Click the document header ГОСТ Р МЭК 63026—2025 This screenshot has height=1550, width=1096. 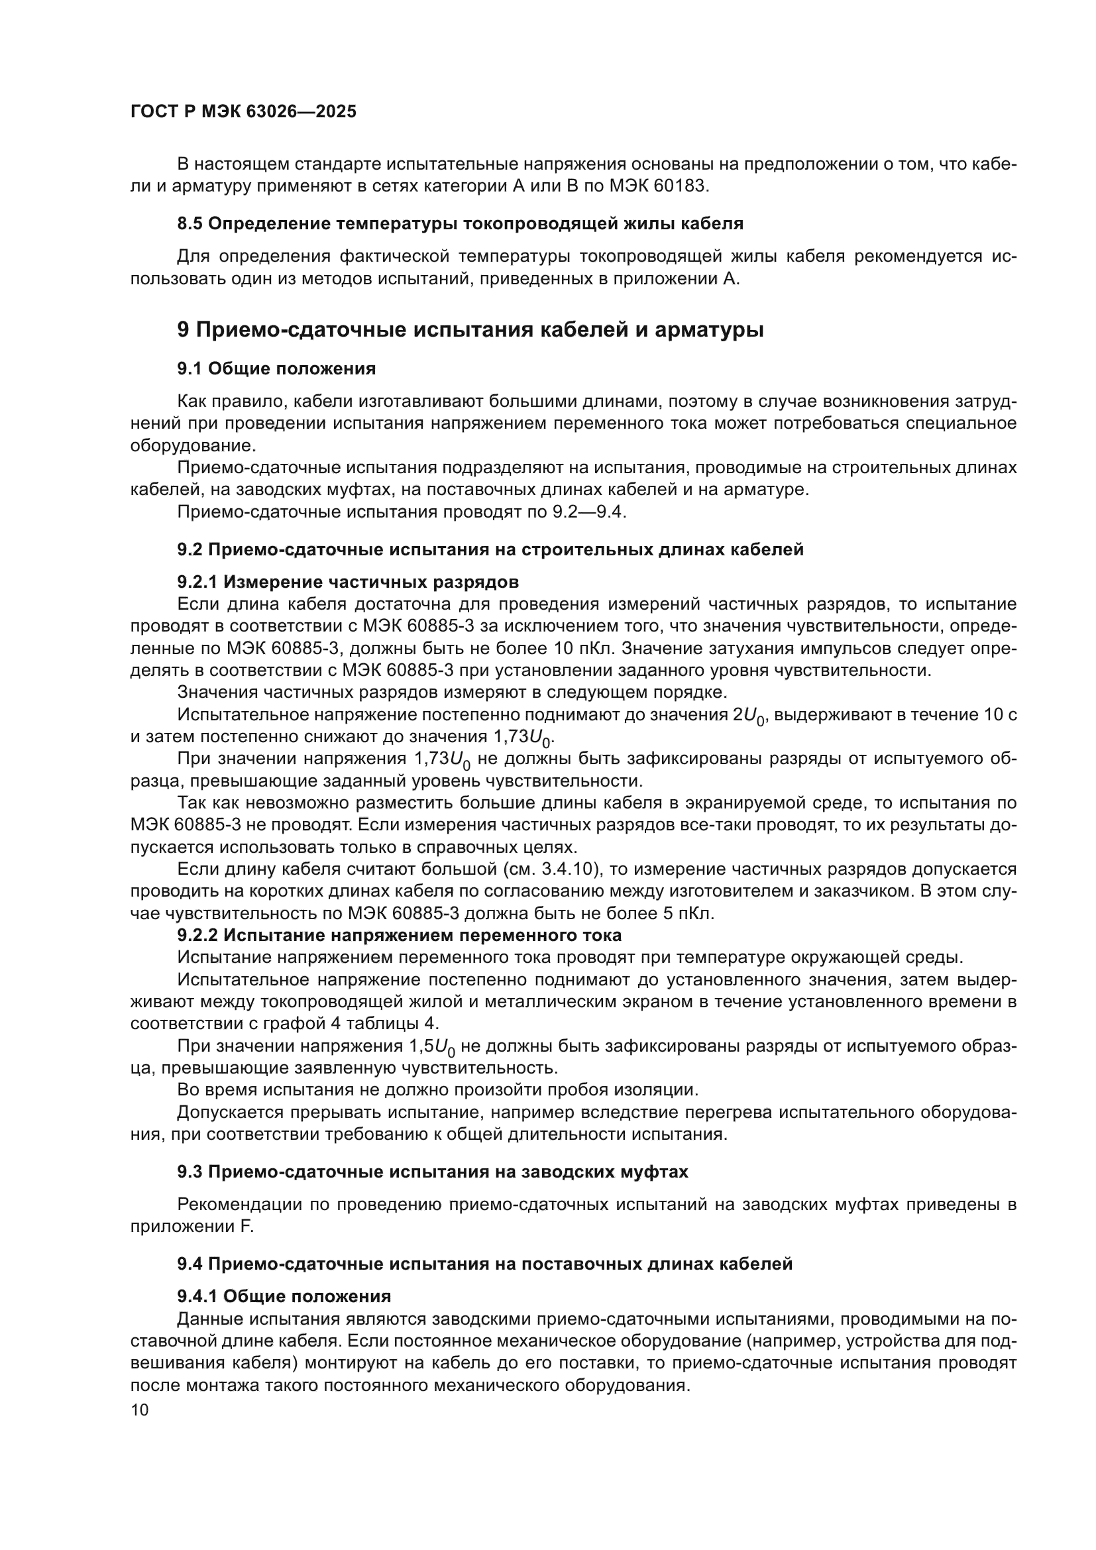243,112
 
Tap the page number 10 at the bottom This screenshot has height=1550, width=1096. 139,1410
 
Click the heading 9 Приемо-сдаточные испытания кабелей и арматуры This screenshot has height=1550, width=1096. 470,330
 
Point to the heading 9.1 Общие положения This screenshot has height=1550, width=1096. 276,368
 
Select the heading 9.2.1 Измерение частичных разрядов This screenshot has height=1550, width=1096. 348,582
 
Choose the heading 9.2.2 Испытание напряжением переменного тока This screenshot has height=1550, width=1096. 399,935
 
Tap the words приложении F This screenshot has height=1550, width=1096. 192,1226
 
